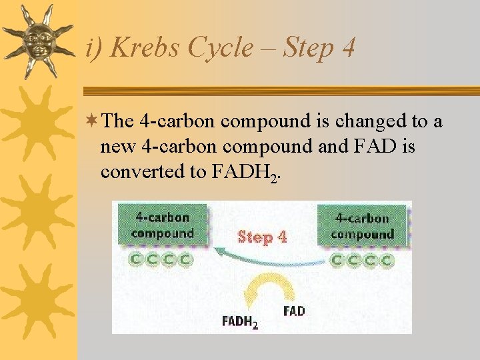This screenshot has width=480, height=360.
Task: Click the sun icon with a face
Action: click(x=39, y=41)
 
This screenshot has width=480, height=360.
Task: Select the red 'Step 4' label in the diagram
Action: click(x=262, y=237)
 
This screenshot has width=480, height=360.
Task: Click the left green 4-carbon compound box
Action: click(x=162, y=225)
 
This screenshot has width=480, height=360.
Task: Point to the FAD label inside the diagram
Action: click(x=294, y=311)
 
